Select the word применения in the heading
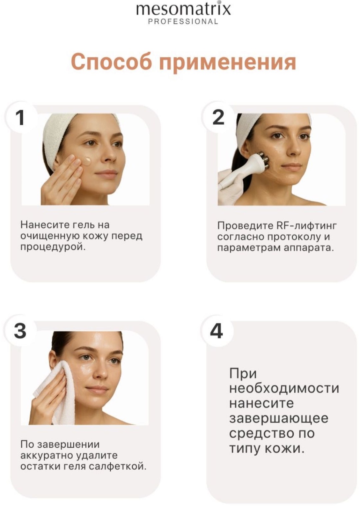(228, 63)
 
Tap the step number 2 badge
(218, 118)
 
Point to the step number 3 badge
(20, 331)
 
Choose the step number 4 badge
(216, 331)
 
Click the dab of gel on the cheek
(87, 161)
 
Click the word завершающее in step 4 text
(279, 418)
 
